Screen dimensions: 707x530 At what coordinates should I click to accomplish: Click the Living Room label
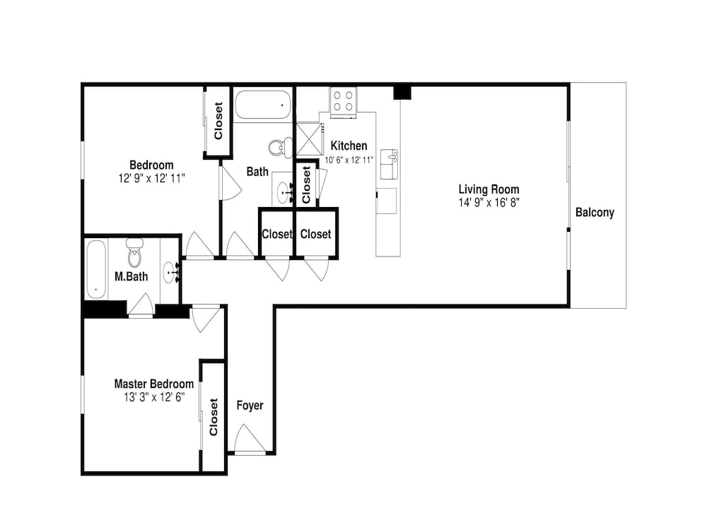click(489, 189)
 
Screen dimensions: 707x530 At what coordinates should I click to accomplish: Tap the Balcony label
click(595, 213)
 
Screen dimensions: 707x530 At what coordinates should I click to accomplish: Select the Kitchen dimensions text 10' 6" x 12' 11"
click(349, 160)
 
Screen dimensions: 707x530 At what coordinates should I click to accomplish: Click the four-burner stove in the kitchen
click(343, 101)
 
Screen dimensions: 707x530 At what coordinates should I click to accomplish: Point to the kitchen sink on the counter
click(389, 164)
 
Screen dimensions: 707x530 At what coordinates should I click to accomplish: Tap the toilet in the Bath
click(281, 147)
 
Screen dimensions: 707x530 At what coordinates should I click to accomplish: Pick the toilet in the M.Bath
click(135, 253)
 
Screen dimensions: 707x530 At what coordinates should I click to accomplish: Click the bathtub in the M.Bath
click(96, 269)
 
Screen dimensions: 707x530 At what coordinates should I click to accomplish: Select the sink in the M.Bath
click(170, 272)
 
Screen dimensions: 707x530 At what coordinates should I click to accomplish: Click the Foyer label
click(250, 406)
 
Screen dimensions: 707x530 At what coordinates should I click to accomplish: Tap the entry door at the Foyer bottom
click(250, 439)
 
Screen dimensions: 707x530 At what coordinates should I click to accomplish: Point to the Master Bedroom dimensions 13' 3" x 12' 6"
click(154, 397)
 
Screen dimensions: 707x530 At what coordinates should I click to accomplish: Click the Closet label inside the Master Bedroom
click(214, 417)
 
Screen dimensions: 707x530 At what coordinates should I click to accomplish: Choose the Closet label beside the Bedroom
click(218, 121)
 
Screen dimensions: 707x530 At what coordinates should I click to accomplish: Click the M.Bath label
click(132, 276)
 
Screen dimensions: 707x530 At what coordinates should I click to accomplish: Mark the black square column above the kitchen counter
click(403, 93)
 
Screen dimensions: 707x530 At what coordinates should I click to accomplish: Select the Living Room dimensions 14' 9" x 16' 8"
click(489, 202)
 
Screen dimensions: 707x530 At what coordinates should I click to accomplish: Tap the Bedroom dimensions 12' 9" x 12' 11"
click(152, 178)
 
